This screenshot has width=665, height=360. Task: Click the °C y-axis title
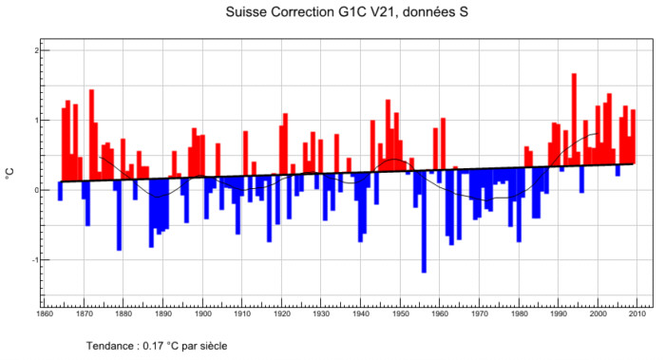tap(9, 174)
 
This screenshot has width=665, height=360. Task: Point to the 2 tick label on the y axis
tap(37, 50)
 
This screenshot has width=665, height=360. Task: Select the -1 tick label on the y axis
tap(36, 260)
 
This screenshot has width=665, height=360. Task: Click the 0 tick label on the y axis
tap(37, 190)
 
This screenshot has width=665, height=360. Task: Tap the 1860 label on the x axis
tap(45, 313)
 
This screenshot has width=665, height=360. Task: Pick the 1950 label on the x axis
tap(400, 313)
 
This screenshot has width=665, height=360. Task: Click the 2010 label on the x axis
tap(637, 313)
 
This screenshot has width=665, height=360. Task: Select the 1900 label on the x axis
tap(203, 313)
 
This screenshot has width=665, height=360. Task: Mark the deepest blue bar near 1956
tap(424, 221)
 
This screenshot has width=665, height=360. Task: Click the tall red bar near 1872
tap(91, 135)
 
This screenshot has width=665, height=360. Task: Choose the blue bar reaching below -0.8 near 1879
tap(119, 216)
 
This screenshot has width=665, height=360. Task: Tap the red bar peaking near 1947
tap(388, 135)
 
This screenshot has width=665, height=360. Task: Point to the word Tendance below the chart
tap(110, 346)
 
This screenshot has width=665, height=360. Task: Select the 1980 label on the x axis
tap(519, 313)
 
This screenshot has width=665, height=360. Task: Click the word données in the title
tap(427, 11)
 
